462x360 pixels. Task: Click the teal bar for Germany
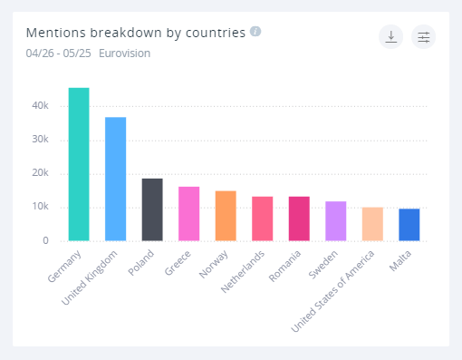click(79, 164)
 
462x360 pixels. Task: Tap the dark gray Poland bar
click(152, 209)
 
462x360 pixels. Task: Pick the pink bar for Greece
click(188, 214)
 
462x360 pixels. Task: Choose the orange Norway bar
click(226, 216)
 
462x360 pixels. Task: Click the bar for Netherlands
click(262, 219)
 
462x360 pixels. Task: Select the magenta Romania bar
click(299, 219)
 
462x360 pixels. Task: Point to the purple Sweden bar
click(335, 221)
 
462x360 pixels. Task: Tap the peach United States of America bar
click(372, 224)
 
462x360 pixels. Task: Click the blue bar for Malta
click(409, 225)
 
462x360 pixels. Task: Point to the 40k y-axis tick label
click(40, 106)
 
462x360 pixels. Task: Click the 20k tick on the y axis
click(40, 173)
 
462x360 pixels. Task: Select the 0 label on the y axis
click(44, 241)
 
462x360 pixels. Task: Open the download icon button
click(390, 36)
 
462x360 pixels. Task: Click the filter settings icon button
click(423, 36)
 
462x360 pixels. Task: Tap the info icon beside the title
click(255, 32)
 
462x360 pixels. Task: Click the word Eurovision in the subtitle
click(124, 54)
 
